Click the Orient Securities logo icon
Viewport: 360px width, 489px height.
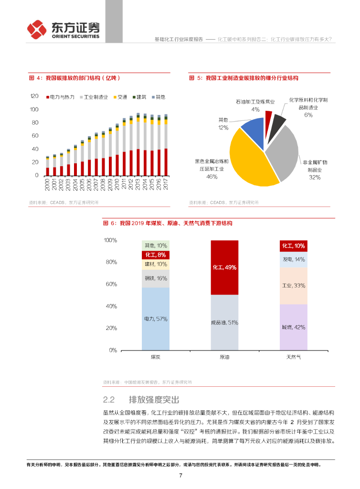pos(37,29)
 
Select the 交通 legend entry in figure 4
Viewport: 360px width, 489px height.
pos(121,97)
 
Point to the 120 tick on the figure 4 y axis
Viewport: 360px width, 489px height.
pos(34,96)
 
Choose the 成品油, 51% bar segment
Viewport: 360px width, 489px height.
pos(224,322)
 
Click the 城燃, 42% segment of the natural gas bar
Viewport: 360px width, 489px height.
pos(293,327)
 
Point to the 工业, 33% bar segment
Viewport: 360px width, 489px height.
pos(293,286)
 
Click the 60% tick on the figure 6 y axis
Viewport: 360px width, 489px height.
pos(110,284)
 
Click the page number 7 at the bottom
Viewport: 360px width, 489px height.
pos(180,475)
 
